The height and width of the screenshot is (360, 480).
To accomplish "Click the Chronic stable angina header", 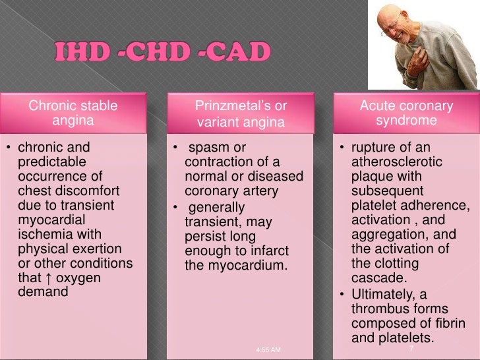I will point(73,113).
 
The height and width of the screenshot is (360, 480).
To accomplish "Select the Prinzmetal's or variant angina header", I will point(241,113).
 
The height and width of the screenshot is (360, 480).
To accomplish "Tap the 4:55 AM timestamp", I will point(268,350).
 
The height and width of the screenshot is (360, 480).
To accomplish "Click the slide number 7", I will point(411,348).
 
